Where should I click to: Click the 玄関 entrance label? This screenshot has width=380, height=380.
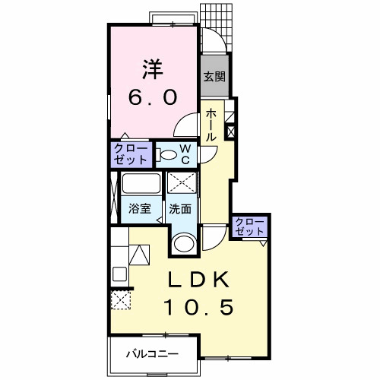(214, 76)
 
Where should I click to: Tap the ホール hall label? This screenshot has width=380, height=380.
(211, 125)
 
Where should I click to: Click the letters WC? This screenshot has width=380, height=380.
(185, 154)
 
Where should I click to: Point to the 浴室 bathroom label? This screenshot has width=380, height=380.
(140, 208)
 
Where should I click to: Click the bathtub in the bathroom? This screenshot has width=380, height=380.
(141, 183)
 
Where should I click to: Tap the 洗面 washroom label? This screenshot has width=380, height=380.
(180, 208)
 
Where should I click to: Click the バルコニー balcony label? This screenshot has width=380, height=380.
(152, 353)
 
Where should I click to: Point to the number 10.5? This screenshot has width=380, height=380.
(198, 307)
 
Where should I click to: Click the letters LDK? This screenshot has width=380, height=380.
(199, 279)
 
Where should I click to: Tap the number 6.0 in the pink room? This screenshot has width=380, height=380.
(153, 98)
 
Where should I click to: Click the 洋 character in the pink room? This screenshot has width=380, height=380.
(153, 69)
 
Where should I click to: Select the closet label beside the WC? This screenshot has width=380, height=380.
(131, 154)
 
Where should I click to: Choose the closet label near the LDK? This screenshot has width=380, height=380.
(249, 227)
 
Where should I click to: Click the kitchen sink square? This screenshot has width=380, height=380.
(119, 274)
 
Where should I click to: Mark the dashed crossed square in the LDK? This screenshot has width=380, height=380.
(121, 300)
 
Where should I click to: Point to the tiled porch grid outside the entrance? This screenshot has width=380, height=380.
(216, 27)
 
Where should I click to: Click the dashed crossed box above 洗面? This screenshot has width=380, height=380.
(182, 183)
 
